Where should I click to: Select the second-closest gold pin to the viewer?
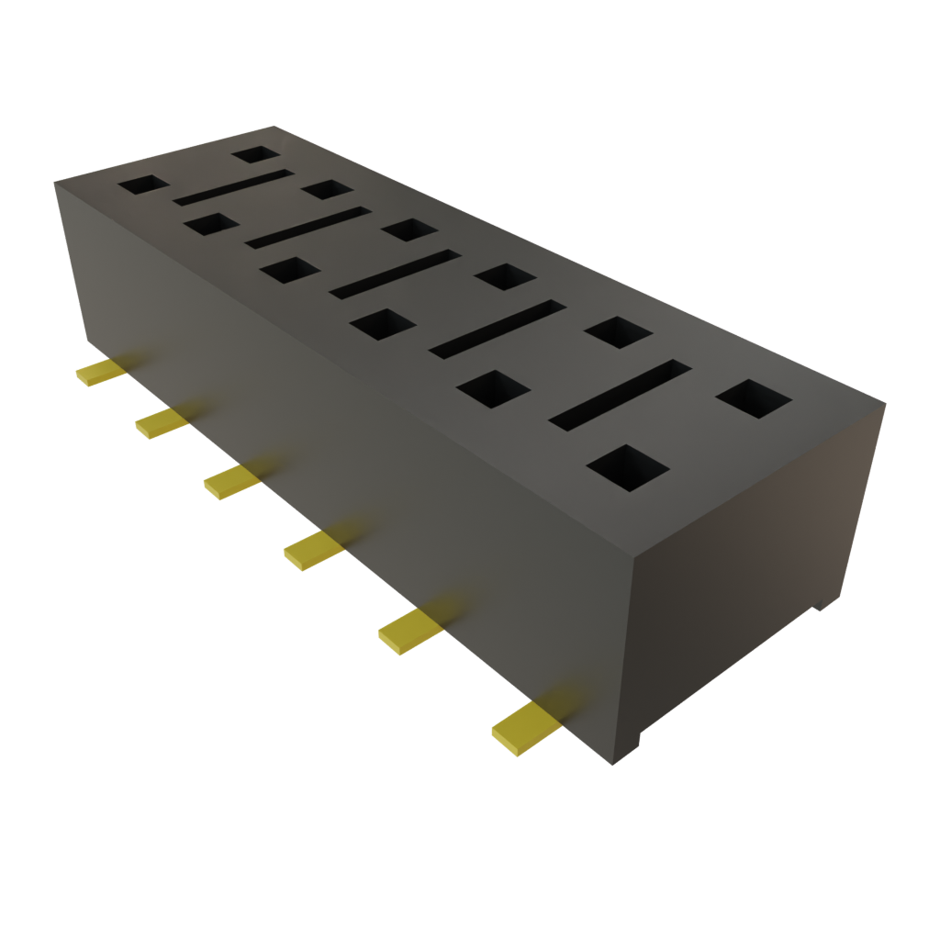tap(409, 632)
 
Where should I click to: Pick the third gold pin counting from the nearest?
tap(313, 551)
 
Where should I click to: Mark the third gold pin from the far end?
tap(229, 482)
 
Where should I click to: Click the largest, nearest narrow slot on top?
tap(621, 392)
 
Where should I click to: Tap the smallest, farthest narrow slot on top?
tap(233, 186)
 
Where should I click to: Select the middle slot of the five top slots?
tap(395, 274)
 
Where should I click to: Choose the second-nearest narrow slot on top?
tap(497, 328)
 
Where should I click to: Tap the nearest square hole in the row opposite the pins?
tap(753, 399)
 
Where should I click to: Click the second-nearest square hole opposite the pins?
tap(618, 331)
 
